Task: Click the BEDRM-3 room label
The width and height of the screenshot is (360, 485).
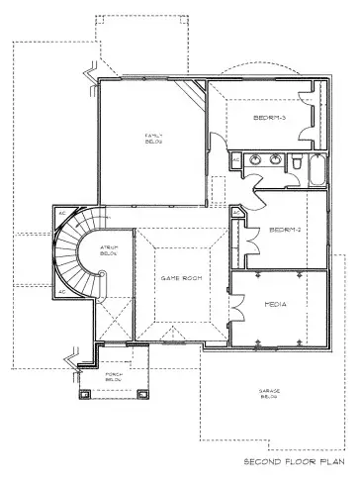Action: click(269, 118)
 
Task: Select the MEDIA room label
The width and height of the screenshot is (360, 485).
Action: click(276, 305)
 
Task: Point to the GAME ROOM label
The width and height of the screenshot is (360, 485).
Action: click(181, 279)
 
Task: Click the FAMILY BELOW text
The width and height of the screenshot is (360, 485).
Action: click(153, 138)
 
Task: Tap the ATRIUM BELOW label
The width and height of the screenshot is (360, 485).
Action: click(109, 250)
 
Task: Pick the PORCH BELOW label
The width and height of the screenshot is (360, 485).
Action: click(113, 376)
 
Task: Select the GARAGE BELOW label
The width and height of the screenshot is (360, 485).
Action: click(271, 393)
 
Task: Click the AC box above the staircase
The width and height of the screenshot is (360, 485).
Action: click(60, 212)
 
